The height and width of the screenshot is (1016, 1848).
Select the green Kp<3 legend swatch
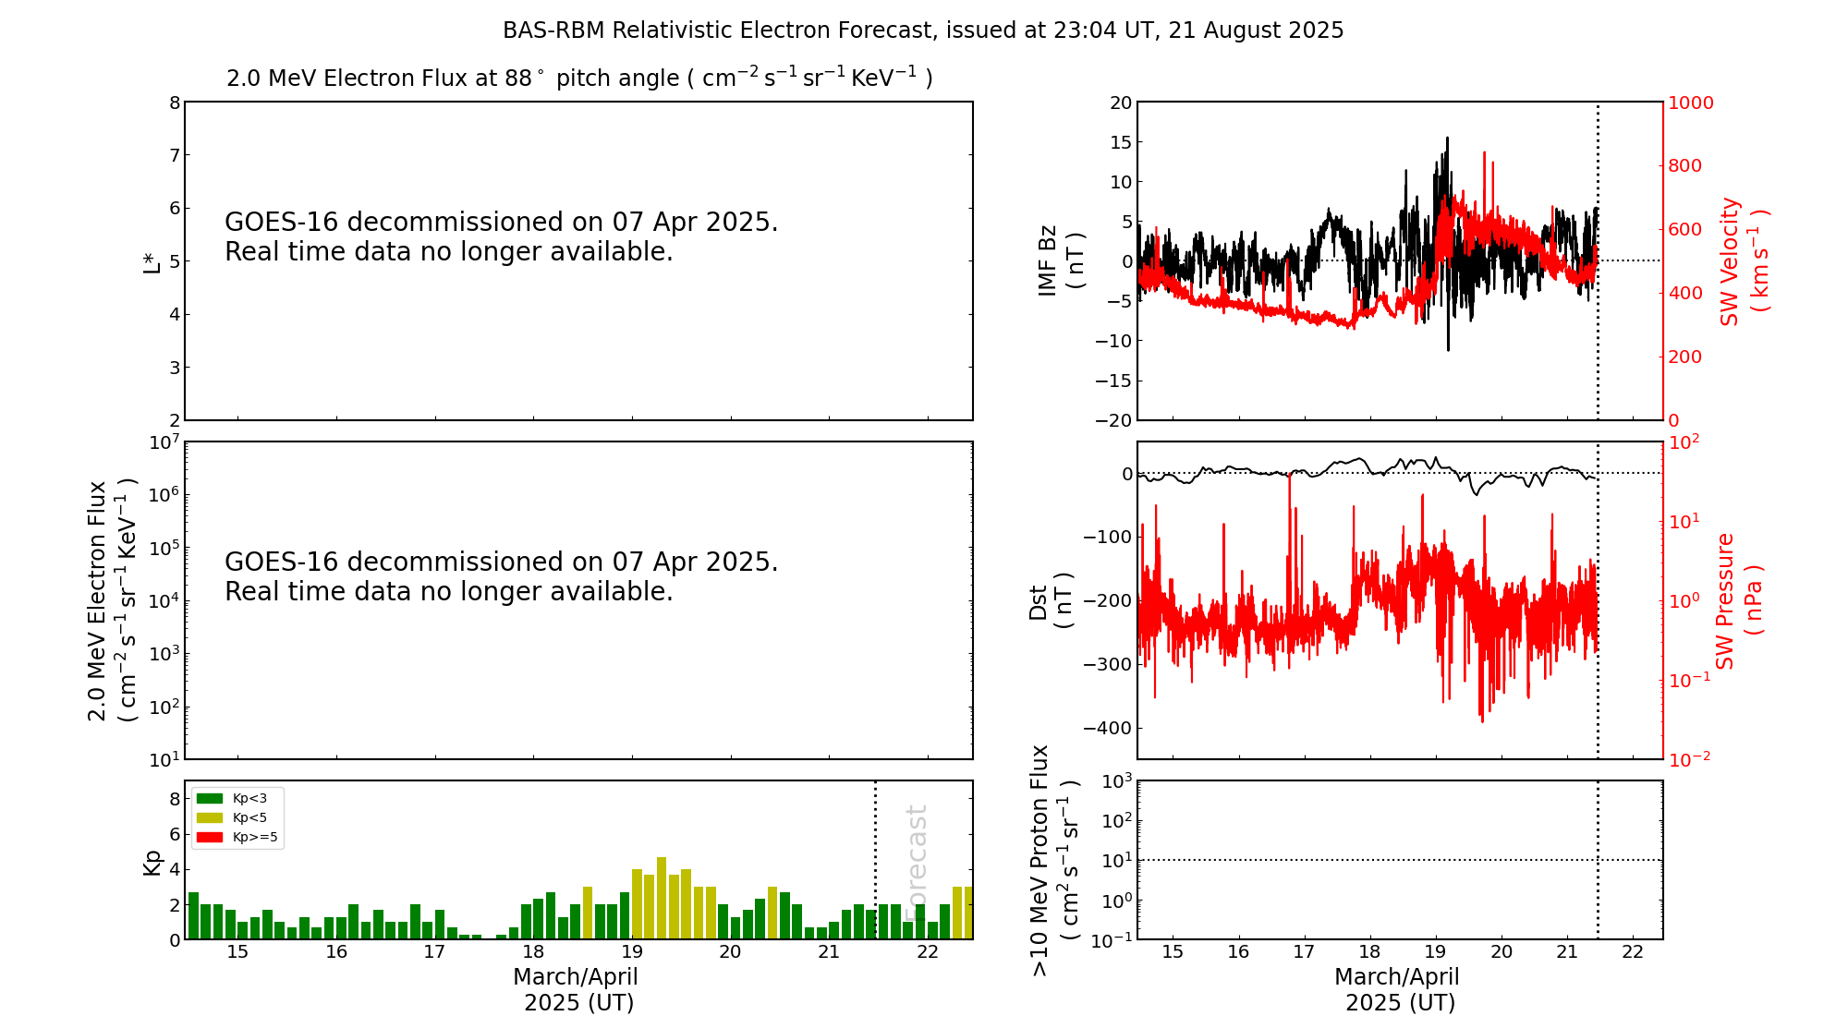210,798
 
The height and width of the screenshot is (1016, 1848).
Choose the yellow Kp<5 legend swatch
210,818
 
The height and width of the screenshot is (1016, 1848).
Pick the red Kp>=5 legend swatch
210,838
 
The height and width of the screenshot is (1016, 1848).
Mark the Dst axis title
1052,601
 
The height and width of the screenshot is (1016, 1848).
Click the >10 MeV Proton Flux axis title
1054,861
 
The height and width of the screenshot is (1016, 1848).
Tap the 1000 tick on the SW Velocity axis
1690,103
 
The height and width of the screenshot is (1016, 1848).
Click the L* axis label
152,261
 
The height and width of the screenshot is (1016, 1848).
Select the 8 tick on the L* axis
175,103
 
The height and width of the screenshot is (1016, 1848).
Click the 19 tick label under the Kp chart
632,952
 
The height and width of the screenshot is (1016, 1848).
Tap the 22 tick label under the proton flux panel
1633,952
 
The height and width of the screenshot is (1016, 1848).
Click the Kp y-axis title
152,862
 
